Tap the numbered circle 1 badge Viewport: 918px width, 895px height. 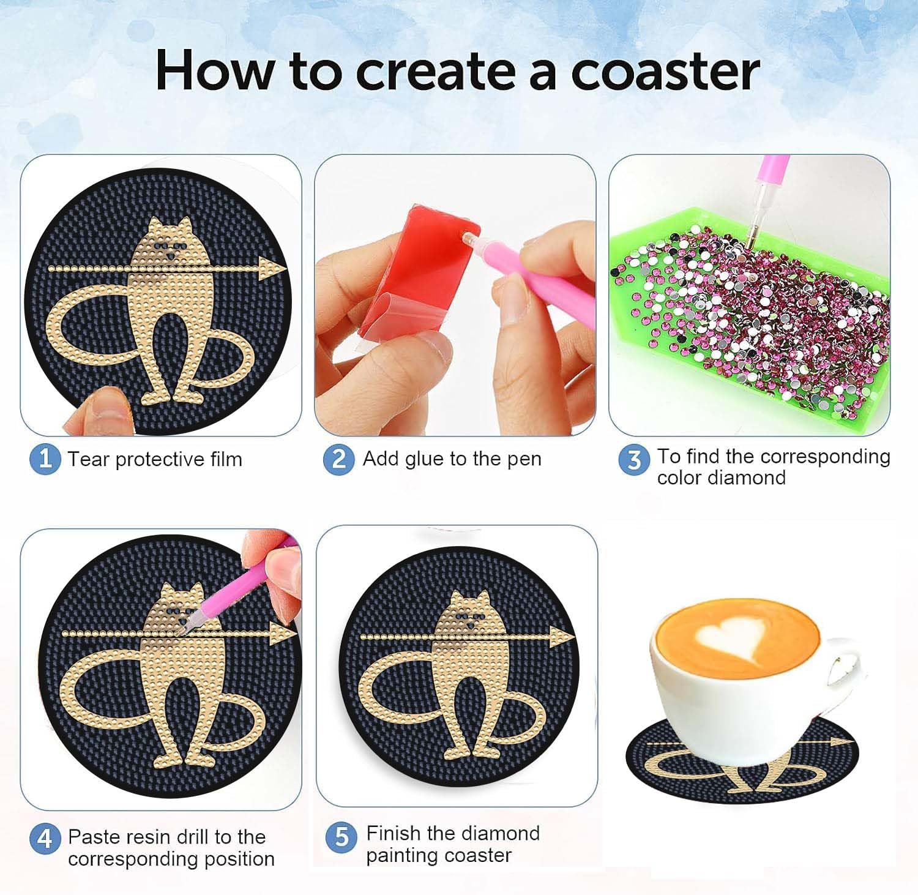click(45, 459)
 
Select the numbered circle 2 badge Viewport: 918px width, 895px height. click(338, 459)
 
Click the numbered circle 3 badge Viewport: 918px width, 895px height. click(634, 460)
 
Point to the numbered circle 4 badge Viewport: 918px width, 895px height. click(45, 837)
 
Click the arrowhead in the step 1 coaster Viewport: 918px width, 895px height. click(270, 268)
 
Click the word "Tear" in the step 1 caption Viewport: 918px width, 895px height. click(89, 459)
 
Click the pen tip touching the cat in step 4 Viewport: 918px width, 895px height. click(182, 629)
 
